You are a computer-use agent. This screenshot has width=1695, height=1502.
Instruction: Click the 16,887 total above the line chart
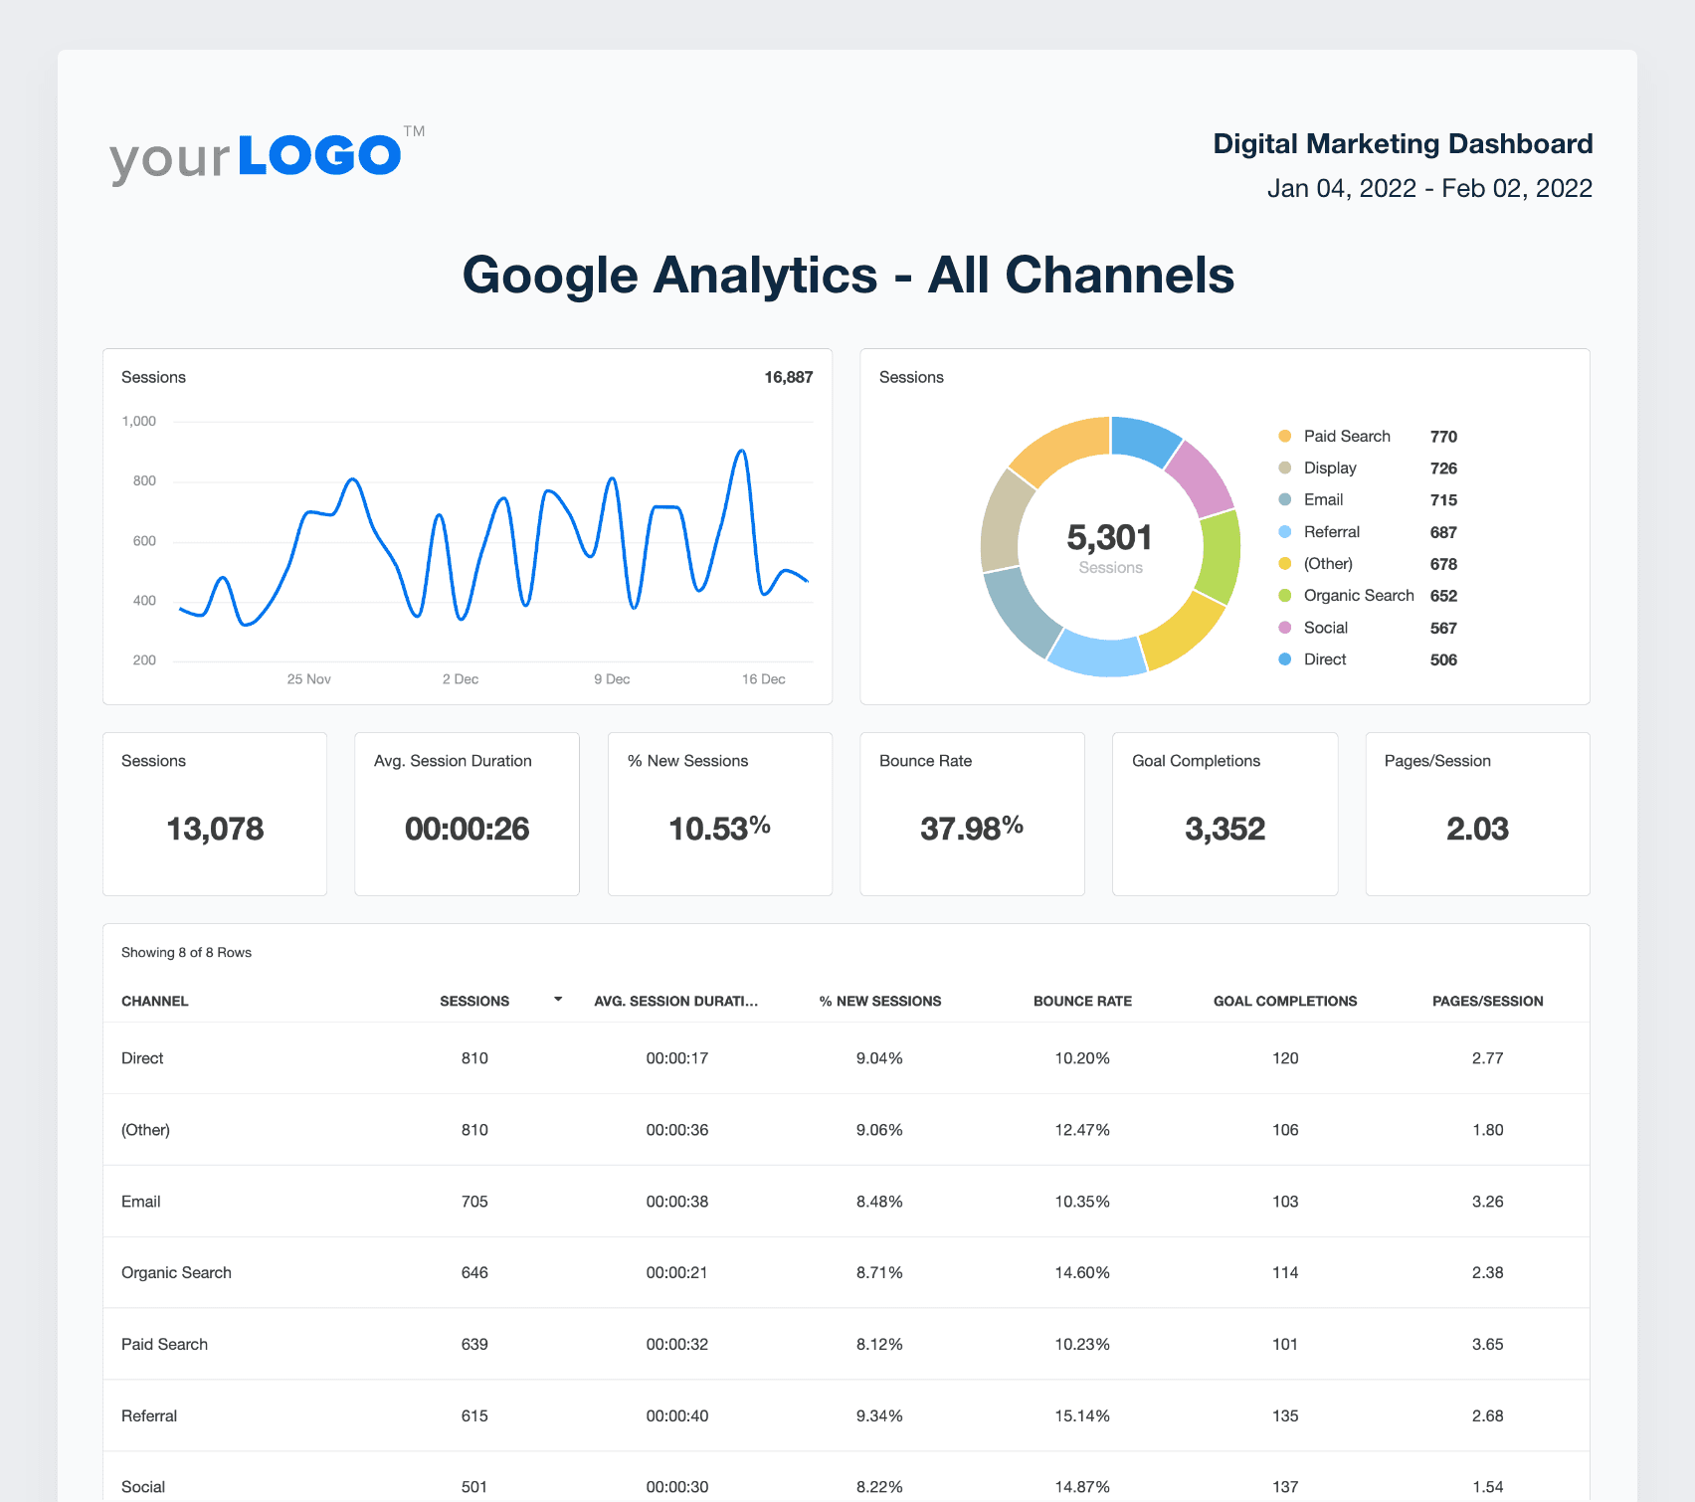[788, 377]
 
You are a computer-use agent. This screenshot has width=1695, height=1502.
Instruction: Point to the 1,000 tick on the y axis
[139, 422]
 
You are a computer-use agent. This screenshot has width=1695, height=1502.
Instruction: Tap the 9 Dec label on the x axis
[612, 679]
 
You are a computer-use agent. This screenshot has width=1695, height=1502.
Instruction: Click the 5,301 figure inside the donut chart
[1109, 537]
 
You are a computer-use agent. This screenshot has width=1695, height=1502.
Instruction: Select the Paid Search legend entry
[1346, 437]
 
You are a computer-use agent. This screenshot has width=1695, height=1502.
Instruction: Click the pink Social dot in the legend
[1285, 628]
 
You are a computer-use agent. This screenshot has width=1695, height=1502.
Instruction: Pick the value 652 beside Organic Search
[1443, 596]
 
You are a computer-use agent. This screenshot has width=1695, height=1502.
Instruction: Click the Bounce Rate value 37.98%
[972, 828]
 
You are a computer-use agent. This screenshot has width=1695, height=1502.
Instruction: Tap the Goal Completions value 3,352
[1224, 829]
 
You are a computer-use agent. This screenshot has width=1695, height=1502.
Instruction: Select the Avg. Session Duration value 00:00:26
[467, 829]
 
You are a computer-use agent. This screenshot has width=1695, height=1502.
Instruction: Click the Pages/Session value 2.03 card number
[1477, 829]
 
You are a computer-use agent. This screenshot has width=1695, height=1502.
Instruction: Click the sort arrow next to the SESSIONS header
[558, 999]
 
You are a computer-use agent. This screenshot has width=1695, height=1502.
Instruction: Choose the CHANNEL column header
[155, 1002]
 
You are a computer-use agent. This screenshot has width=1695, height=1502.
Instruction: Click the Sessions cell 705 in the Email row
[474, 1202]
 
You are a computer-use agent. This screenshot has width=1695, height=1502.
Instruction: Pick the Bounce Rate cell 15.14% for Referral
[1082, 1415]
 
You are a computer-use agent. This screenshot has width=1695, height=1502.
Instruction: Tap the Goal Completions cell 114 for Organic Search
[1285, 1273]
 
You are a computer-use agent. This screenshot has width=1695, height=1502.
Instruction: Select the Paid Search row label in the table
[165, 1345]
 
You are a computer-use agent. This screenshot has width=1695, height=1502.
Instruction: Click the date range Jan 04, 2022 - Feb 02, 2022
[1429, 188]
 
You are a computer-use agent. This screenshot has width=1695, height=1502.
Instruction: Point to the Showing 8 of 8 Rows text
[186, 953]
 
